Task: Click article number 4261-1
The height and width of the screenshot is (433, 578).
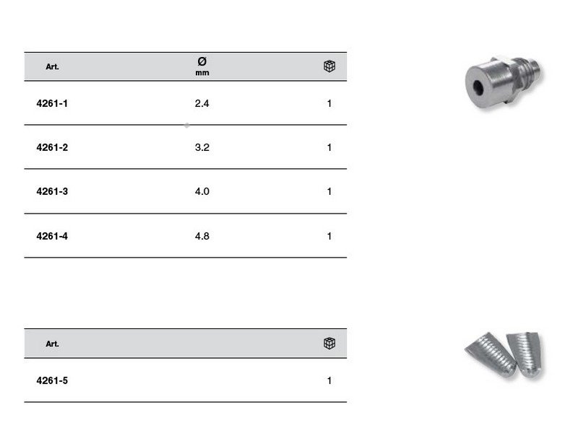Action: point(52,103)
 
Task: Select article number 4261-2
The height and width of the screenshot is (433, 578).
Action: point(52,148)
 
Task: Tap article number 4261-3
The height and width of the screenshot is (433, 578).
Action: point(52,191)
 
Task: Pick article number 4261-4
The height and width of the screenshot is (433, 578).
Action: point(52,236)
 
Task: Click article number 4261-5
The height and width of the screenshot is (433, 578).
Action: point(52,381)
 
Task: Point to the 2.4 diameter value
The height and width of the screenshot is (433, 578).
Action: point(202,103)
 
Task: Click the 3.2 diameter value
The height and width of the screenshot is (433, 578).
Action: point(202,148)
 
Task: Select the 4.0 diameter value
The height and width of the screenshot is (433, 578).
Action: point(202,191)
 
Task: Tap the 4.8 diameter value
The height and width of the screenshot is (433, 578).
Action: point(202,236)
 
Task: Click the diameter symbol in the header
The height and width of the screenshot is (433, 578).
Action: point(202,61)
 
